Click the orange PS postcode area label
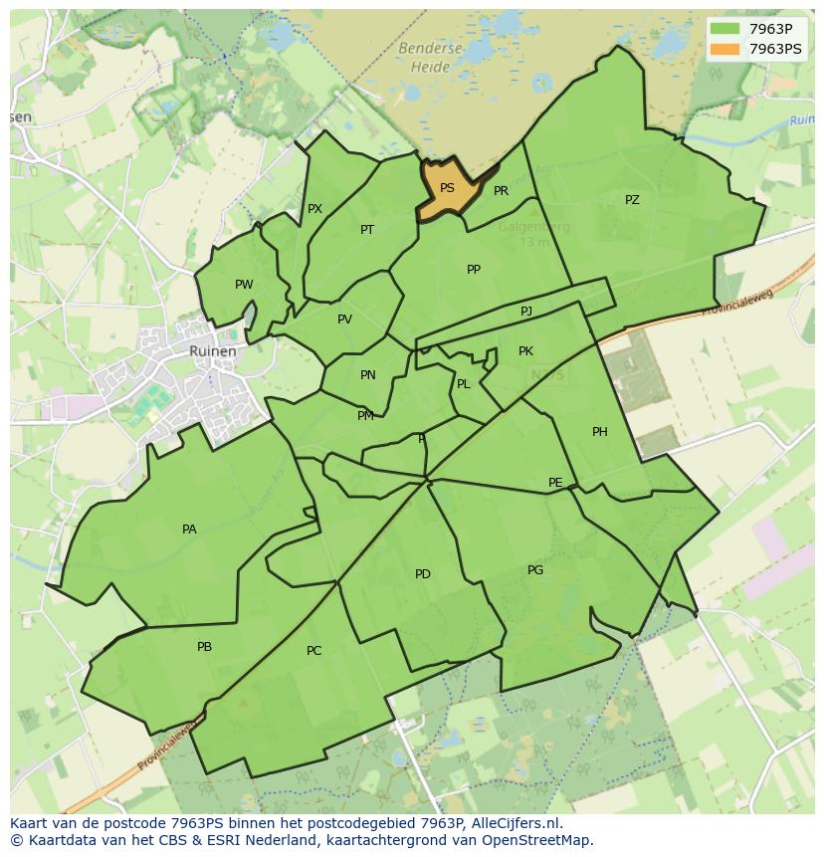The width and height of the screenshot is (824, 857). tap(447, 188)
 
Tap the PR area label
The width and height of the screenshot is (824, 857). tap(501, 191)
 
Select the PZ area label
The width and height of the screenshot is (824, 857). tap(632, 200)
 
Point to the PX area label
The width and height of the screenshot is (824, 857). tap(314, 209)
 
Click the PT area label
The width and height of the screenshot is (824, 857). tap(367, 230)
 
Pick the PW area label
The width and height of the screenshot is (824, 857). tap(244, 285)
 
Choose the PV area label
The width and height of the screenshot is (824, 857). tap(344, 320)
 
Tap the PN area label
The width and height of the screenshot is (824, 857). tap(368, 375)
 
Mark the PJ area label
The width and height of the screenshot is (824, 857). tap(526, 312)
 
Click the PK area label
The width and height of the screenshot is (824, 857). tap(525, 351)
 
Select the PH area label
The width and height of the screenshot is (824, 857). tap(599, 432)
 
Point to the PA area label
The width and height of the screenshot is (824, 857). tap(189, 530)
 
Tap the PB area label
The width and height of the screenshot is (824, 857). tap(204, 647)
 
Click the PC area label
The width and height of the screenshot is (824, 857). tap(313, 651)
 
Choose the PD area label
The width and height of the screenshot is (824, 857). tap(423, 574)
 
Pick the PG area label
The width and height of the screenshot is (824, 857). tap(535, 570)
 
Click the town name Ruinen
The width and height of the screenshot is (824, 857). tap(213, 351)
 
